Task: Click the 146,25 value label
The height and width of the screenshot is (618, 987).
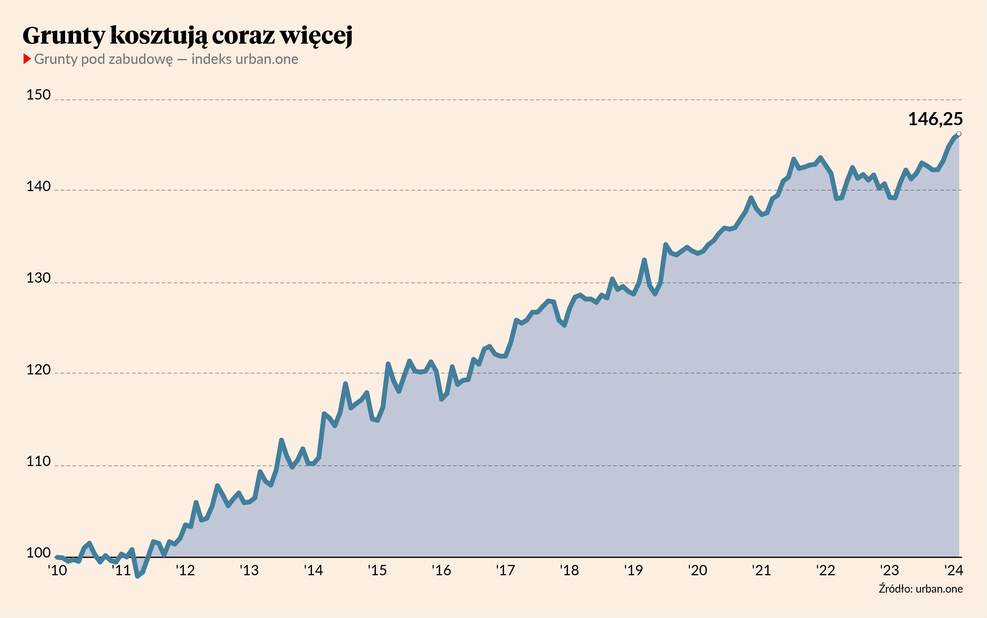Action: [x=935, y=119]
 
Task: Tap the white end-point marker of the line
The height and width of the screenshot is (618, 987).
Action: [x=959, y=134]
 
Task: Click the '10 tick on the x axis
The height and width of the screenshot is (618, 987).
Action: [x=57, y=570]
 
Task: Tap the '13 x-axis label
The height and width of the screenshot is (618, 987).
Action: [x=249, y=570]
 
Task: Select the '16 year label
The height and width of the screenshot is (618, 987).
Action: [x=441, y=570]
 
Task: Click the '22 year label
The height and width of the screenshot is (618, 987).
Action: [x=825, y=570]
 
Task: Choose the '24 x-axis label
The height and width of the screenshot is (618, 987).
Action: [x=954, y=570]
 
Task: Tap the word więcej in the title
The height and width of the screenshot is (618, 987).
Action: [x=316, y=36]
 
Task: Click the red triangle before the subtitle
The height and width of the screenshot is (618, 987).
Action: [x=27, y=59]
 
